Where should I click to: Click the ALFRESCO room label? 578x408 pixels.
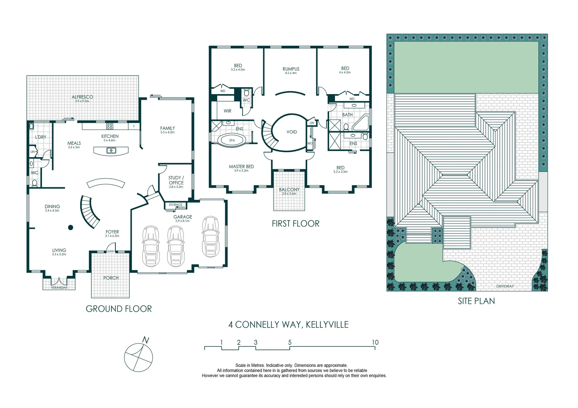82,97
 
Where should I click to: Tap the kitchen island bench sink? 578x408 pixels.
111,150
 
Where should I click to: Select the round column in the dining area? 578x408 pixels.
70,227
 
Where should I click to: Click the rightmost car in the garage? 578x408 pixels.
210,237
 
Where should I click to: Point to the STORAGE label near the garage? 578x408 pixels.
176,205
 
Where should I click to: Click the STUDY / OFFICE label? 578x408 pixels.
176,180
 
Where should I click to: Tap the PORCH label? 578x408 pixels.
111,278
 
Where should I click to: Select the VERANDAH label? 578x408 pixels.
59,288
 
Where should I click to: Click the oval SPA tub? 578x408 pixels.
232,140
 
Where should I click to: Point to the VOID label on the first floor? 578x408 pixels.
292,132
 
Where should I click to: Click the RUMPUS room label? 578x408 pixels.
291,69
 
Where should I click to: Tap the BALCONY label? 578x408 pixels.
289,189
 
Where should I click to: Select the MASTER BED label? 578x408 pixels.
241,167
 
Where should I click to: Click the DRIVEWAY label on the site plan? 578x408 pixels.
505,286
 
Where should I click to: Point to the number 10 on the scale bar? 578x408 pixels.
375,342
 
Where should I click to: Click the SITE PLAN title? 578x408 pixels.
476,301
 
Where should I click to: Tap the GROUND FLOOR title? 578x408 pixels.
119,309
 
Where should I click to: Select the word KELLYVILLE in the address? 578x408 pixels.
327,325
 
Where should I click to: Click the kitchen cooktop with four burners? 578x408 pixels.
109,126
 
